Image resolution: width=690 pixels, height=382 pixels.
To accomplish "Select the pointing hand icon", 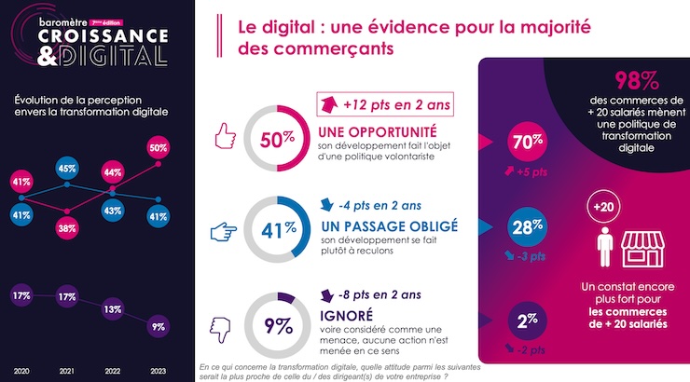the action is coord(223,232).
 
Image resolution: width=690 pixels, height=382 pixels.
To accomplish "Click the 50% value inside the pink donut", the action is coord(277,140).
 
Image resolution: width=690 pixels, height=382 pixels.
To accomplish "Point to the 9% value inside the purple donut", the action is coord(278,326).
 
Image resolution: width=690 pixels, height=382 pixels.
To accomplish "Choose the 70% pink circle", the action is coord(527,142).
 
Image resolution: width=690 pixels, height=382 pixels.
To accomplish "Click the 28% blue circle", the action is coord(527,226).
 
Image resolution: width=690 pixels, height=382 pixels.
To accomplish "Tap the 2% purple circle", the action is coord(527,321).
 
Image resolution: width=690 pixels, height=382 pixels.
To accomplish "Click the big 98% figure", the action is coord(636,80).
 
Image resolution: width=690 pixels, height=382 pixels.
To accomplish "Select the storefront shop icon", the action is coord(642,249).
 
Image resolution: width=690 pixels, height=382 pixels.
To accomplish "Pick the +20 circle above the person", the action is coord(603,207).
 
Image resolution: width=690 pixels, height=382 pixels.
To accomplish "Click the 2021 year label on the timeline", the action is coord(67,372).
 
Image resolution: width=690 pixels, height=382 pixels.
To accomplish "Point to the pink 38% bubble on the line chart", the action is coord(67,228).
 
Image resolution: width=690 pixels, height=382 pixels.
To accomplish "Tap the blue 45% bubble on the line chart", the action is coord(67,169).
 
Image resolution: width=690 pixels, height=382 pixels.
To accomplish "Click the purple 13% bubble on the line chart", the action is coord(112,309).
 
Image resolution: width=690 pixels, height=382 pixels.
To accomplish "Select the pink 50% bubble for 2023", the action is coord(158,148).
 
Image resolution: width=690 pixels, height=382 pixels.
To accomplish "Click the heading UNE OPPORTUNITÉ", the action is coord(378,132).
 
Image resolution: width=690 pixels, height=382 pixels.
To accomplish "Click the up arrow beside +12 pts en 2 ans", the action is coord(329,104).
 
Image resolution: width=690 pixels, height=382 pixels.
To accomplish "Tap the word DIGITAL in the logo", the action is coord(113,56).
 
